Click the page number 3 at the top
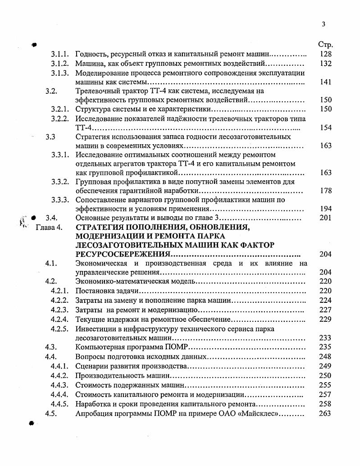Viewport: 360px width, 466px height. pyautogui.click(x=324, y=24)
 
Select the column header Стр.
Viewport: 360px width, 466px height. pyautogui.click(x=325, y=45)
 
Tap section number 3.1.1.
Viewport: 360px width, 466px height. pyautogui.click(x=59, y=54)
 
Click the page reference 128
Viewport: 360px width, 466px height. pyautogui.click(x=325, y=54)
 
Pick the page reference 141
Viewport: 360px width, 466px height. pyautogui.click(x=325, y=82)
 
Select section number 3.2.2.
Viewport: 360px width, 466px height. pyautogui.click(x=59, y=119)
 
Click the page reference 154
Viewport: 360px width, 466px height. pyautogui.click(x=325, y=128)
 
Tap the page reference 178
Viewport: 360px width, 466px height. pyautogui.click(x=325, y=191)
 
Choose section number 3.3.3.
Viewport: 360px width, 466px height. pyautogui.click(x=59, y=200)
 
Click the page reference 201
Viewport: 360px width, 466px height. pyautogui.click(x=325, y=218)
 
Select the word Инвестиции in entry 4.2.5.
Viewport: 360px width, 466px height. pyautogui.click(x=96, y=329)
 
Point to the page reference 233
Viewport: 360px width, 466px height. pyautogui.click(x=325, y=338)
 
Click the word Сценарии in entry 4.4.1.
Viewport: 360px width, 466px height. pyautogui.click(x=91, y=365)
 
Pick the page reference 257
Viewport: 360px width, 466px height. pyautogui.click(x=325, y=395)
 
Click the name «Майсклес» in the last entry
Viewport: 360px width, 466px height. pyautogui.click(x=261, y=413)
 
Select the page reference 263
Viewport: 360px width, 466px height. pyautogui.click(x=325, y=413)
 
